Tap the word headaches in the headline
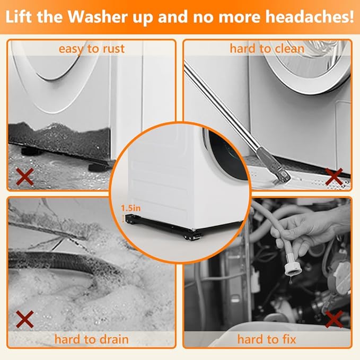coord(301,17)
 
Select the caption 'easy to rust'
coord(92,49)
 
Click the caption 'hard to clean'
coord(267,49)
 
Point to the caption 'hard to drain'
coord(91,339)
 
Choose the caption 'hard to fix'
coord(267,339)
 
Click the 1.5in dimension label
coord(130,208)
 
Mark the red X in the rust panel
coord(25,177)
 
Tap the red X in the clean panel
coord(334,177)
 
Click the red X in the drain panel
coord(25,319)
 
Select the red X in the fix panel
coord(334,319)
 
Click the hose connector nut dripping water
coord(293,269)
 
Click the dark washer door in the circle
coord(226,154)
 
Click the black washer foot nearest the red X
coord(29,151)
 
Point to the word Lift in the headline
coord(19,17)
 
